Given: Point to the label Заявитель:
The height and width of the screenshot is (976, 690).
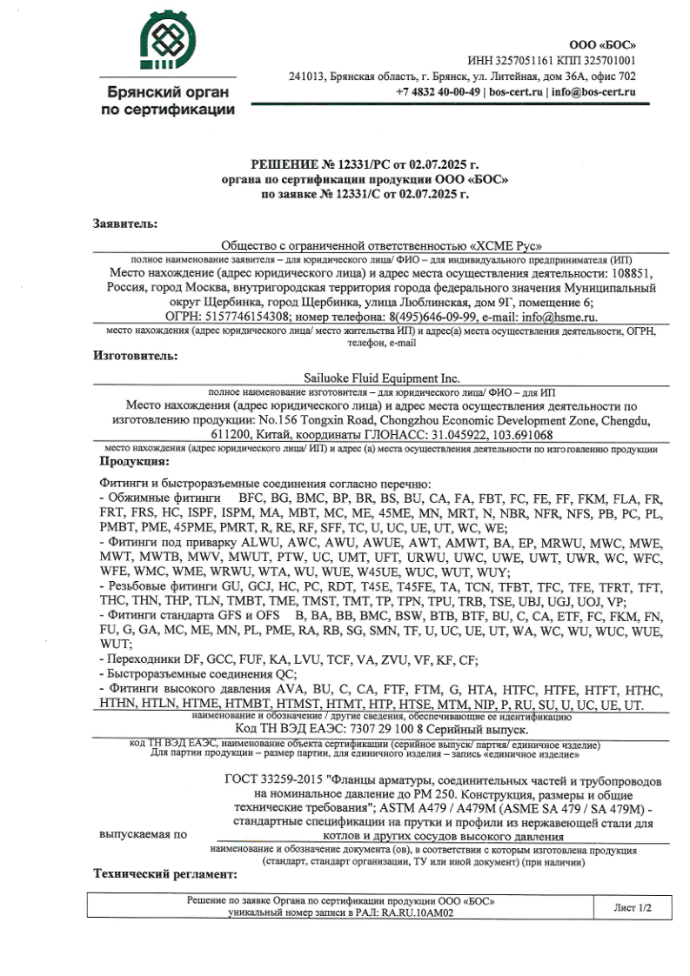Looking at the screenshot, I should [x=126, y=224].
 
